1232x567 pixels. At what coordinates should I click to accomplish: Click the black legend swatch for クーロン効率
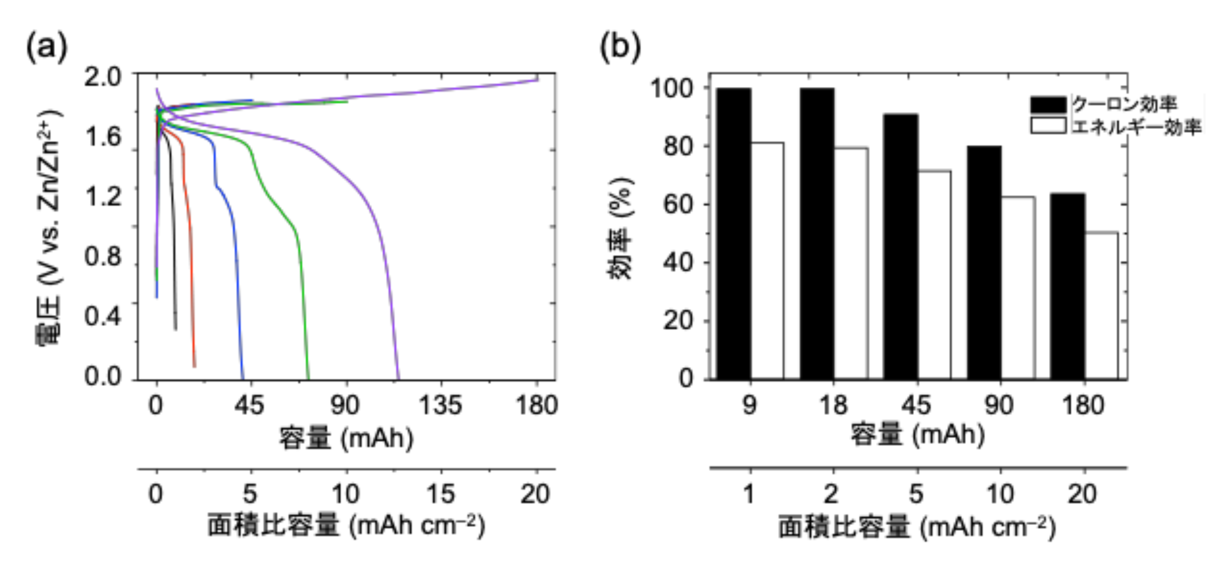(1048, 104)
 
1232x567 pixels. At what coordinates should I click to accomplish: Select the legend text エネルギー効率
(1136, 126)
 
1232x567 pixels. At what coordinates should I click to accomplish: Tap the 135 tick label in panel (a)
(440, 406)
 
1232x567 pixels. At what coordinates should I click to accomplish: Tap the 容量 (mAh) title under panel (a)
(346, 439)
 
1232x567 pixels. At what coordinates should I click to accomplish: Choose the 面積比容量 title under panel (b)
(917, 528)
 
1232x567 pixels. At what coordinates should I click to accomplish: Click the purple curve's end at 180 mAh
(537, 79)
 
